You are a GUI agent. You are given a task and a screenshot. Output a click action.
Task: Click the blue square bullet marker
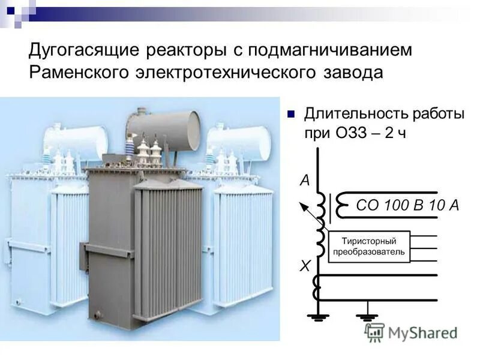pos(292,113)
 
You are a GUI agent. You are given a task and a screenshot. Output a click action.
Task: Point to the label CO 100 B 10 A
pos(407,205)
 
